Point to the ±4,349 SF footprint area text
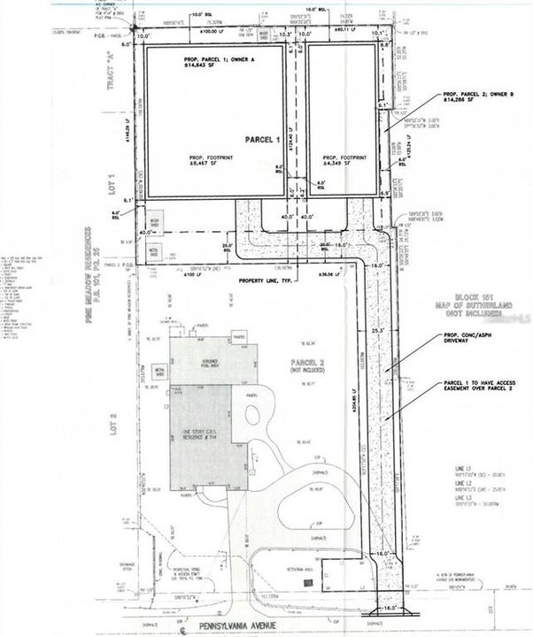(335, 163)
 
